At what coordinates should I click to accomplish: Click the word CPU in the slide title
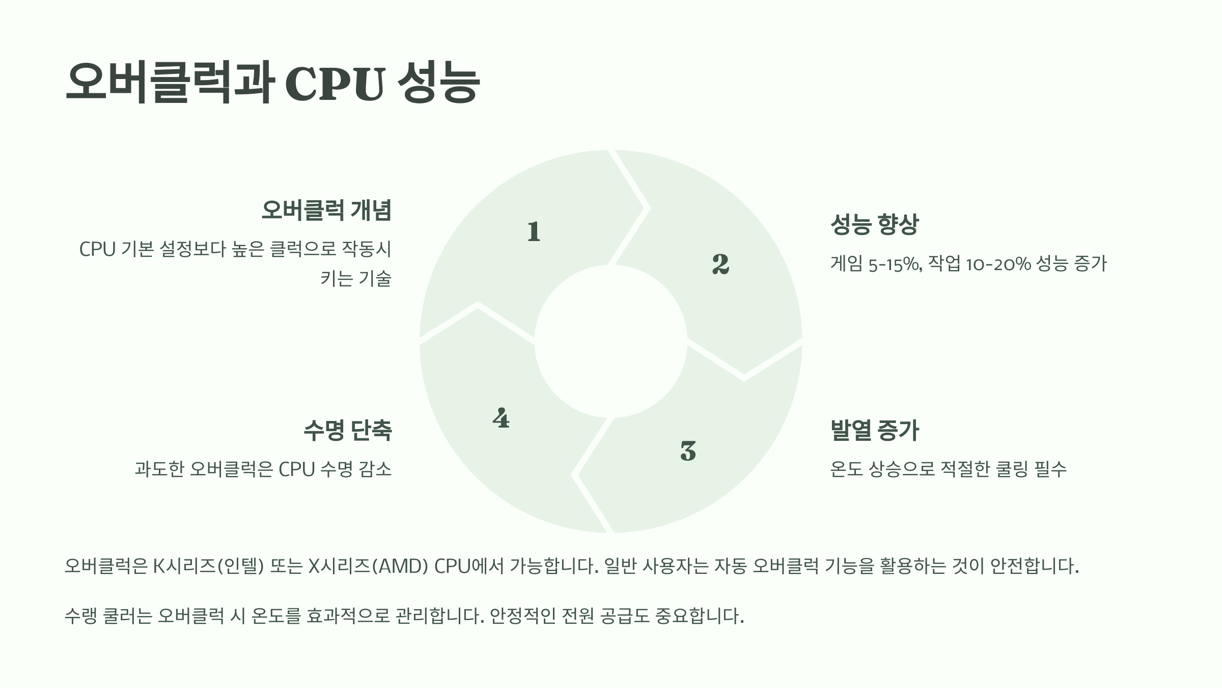coord(334,84)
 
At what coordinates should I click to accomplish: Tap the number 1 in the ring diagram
coord(534,232)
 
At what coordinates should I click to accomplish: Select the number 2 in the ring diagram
coord(720,264)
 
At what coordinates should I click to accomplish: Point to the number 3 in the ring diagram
coord(688,451)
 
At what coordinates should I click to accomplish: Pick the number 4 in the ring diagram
coord(501,418)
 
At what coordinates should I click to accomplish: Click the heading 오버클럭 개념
coord(326,210)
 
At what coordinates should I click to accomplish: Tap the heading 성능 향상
coord(874,224)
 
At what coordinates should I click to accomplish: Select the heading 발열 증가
coord(874,430)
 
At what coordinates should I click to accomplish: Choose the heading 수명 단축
coord(348,430)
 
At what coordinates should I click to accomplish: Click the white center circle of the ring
coord(610,341)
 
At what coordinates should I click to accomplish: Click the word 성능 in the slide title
coord(438,84)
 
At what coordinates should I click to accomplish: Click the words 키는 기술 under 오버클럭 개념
coord(356,279)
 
